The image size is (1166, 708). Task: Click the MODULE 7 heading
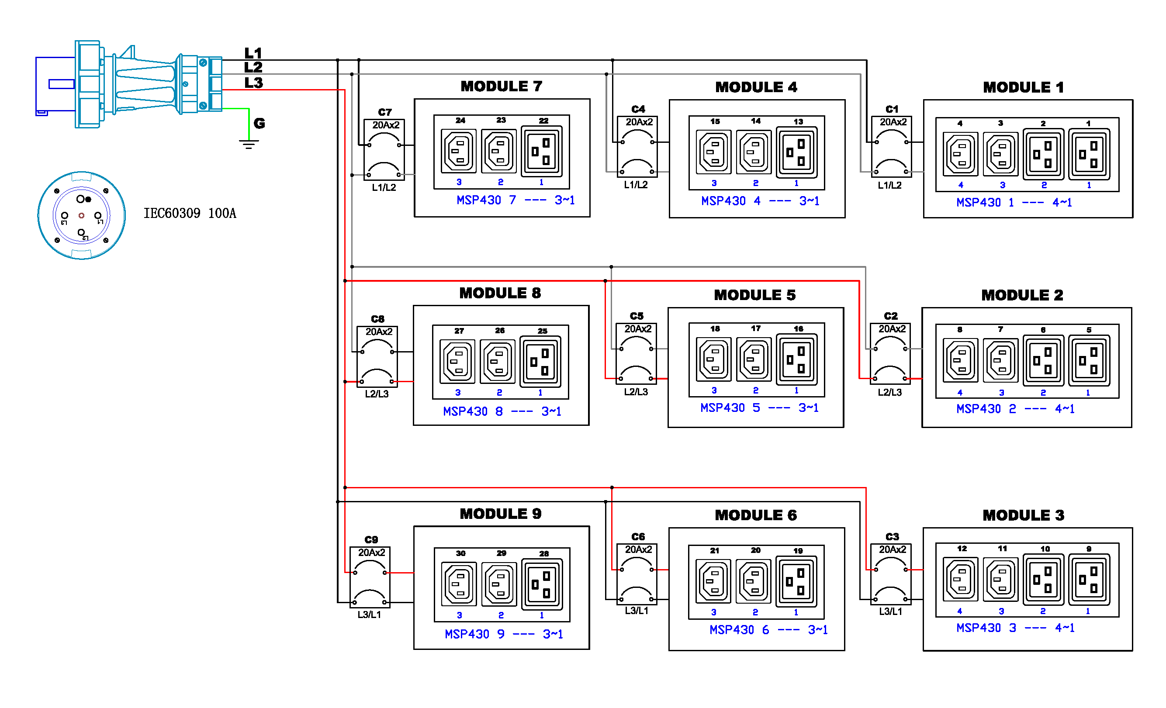501,86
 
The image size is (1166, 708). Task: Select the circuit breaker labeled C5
636,353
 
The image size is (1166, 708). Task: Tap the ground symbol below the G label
249,144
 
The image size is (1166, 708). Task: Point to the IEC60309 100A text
190,214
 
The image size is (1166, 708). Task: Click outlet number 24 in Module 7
459,151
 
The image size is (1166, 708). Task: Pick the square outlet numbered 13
796,152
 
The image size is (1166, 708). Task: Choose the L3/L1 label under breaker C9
369,615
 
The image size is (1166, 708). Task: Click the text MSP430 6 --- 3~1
768,630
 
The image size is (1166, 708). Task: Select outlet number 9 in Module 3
1089,580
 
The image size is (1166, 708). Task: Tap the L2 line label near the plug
253,67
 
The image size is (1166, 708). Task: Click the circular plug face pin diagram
81,215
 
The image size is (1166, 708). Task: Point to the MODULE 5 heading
755,295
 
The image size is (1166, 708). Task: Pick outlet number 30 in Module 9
459,584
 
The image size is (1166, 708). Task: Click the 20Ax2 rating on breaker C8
379,332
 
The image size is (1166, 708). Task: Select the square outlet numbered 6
1043,360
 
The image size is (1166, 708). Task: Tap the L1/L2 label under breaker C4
636,185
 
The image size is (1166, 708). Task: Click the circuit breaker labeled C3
891,574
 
